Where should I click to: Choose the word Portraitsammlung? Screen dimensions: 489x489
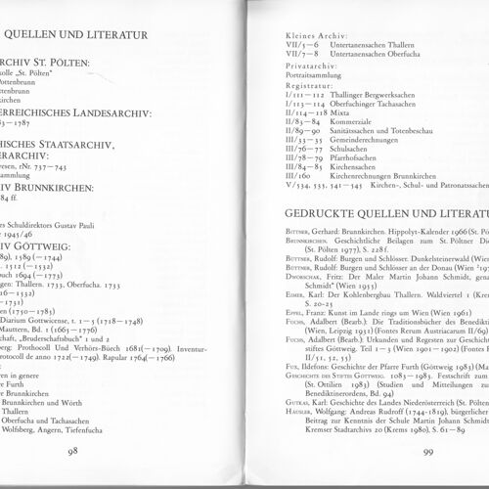point(312,82)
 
